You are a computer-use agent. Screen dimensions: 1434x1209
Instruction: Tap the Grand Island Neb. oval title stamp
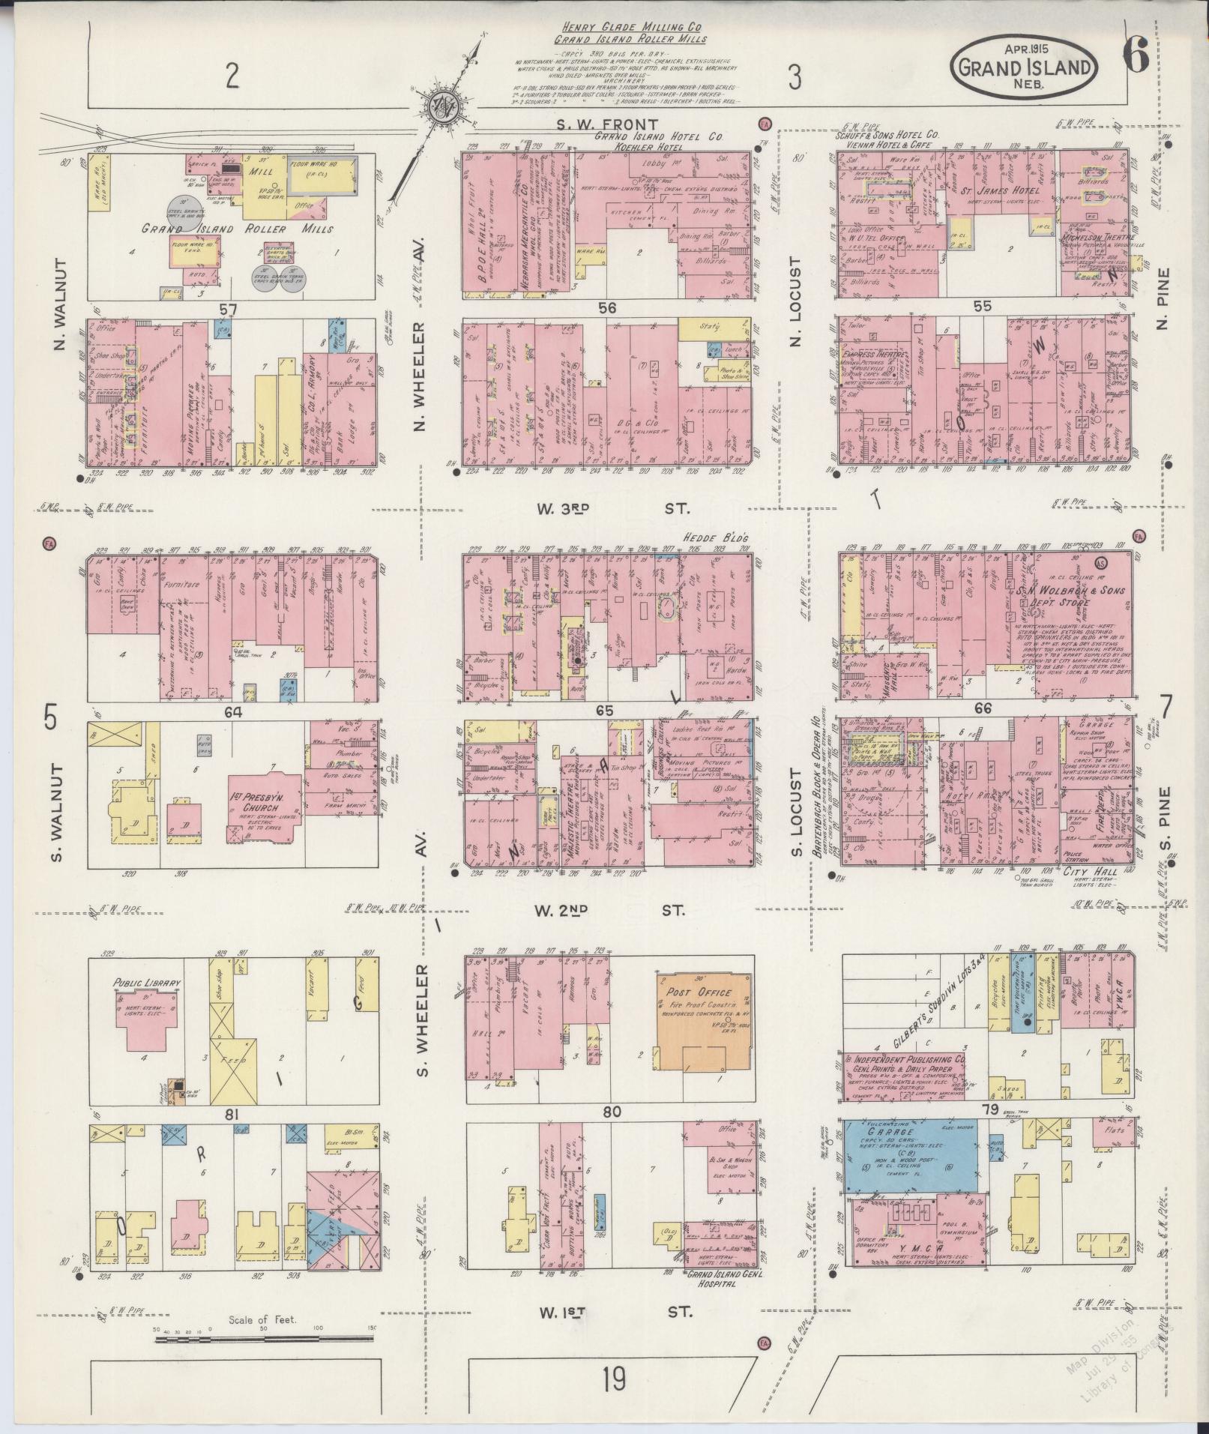[x=1025, y=68]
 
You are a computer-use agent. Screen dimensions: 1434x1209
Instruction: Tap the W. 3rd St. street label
[x=612, y=509]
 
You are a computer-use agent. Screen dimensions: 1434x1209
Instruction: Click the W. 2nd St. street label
[x=612, y=910]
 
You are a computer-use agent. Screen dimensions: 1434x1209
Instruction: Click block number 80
[x=612, y=1112]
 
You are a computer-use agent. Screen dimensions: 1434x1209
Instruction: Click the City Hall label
[x=1095, y=872]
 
